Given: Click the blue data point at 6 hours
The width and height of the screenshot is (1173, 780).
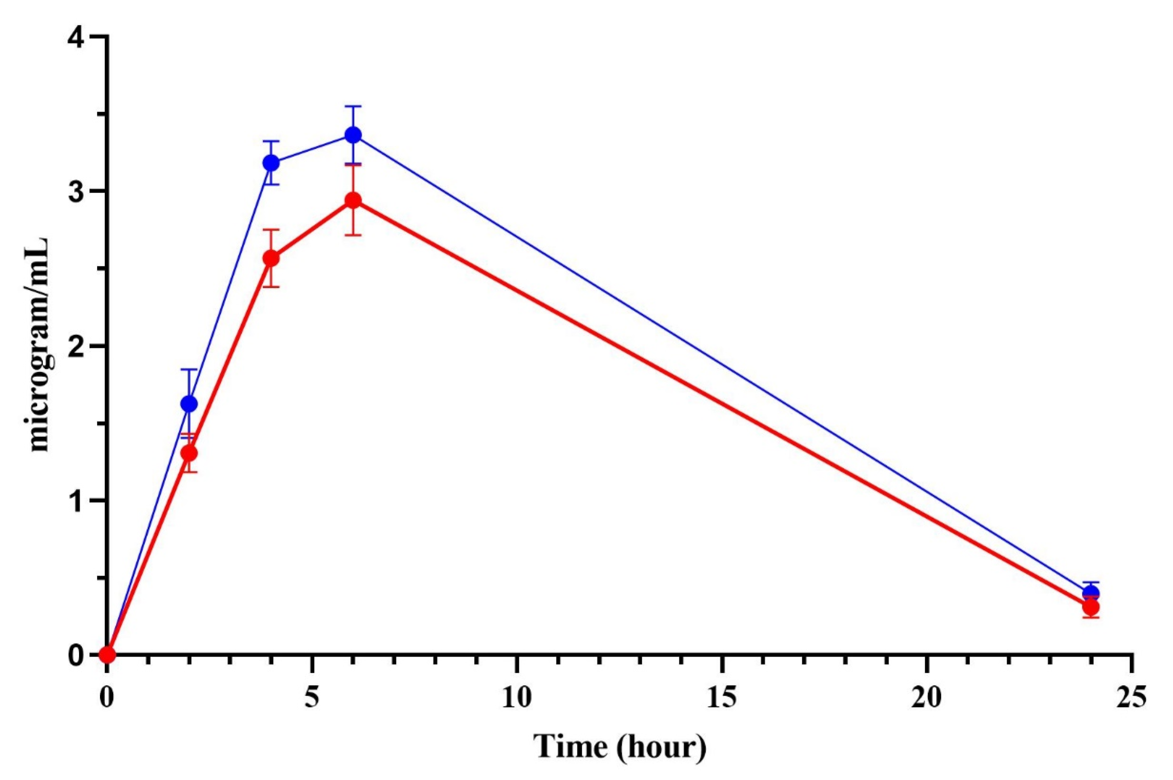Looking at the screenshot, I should [353, 135].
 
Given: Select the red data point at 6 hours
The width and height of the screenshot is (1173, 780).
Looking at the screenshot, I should [353, 201].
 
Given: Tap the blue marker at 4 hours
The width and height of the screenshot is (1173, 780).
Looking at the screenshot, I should [271, 162].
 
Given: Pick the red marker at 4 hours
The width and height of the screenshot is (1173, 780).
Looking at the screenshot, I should [271, 258].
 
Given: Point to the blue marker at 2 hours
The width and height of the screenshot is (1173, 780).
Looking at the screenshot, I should [189, 404].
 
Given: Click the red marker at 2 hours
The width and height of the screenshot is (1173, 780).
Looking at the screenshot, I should [189, 453].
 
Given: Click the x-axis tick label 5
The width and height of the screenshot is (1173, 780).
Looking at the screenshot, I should [312, 699].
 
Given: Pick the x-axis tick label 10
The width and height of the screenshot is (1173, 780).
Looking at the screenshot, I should [517, 699].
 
